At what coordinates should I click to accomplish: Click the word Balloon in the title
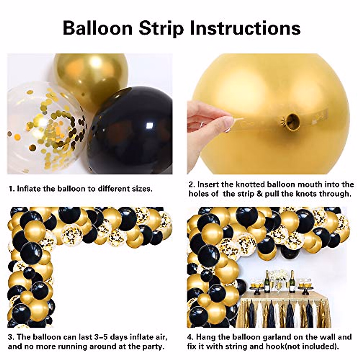pyautogui.click(x=97, y=28)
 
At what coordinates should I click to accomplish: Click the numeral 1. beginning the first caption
pyautogui.click(x=11, y=189)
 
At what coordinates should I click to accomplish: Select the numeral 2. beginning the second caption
pyautogui.click(x=192, y=184)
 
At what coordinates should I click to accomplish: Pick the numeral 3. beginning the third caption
pyautogui.click(x=11, y=337)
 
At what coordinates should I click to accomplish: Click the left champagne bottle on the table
pyautogui.click(x=267, y=282)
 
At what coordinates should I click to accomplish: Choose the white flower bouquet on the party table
pyautogui.click(x=278, y=275)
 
